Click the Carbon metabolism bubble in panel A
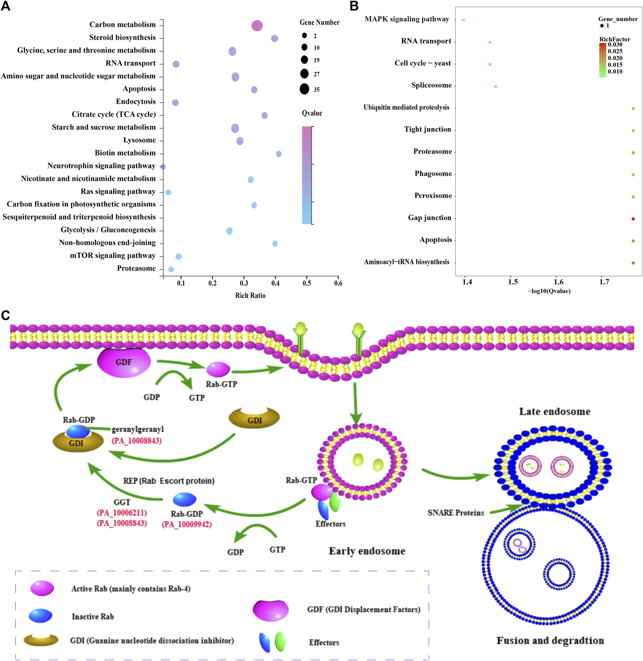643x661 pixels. pos(257,26)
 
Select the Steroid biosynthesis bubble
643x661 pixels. pos(275,38)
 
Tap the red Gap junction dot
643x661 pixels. pos(633,219)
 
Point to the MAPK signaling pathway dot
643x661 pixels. pos(464,20)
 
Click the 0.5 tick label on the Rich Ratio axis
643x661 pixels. pos(307,283)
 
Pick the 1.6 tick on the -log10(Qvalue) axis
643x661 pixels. pos(558,282)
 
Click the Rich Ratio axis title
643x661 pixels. pos(250,296)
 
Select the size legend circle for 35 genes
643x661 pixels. pos(304,89)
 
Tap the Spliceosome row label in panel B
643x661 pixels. pos(431,85)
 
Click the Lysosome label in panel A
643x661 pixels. pos(139,140)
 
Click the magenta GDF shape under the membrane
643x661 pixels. pos(124,362)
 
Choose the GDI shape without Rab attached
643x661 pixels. pos(254,419)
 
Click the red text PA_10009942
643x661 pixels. pos(187,524)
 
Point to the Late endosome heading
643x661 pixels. pos(554,412)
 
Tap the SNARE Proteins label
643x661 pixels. pos(455,513)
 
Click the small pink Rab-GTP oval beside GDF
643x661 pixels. pos(218,369)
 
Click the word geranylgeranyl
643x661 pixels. pos(138,429)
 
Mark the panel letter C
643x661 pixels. pos(5,315)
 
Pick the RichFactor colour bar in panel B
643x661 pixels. pos(602,60)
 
